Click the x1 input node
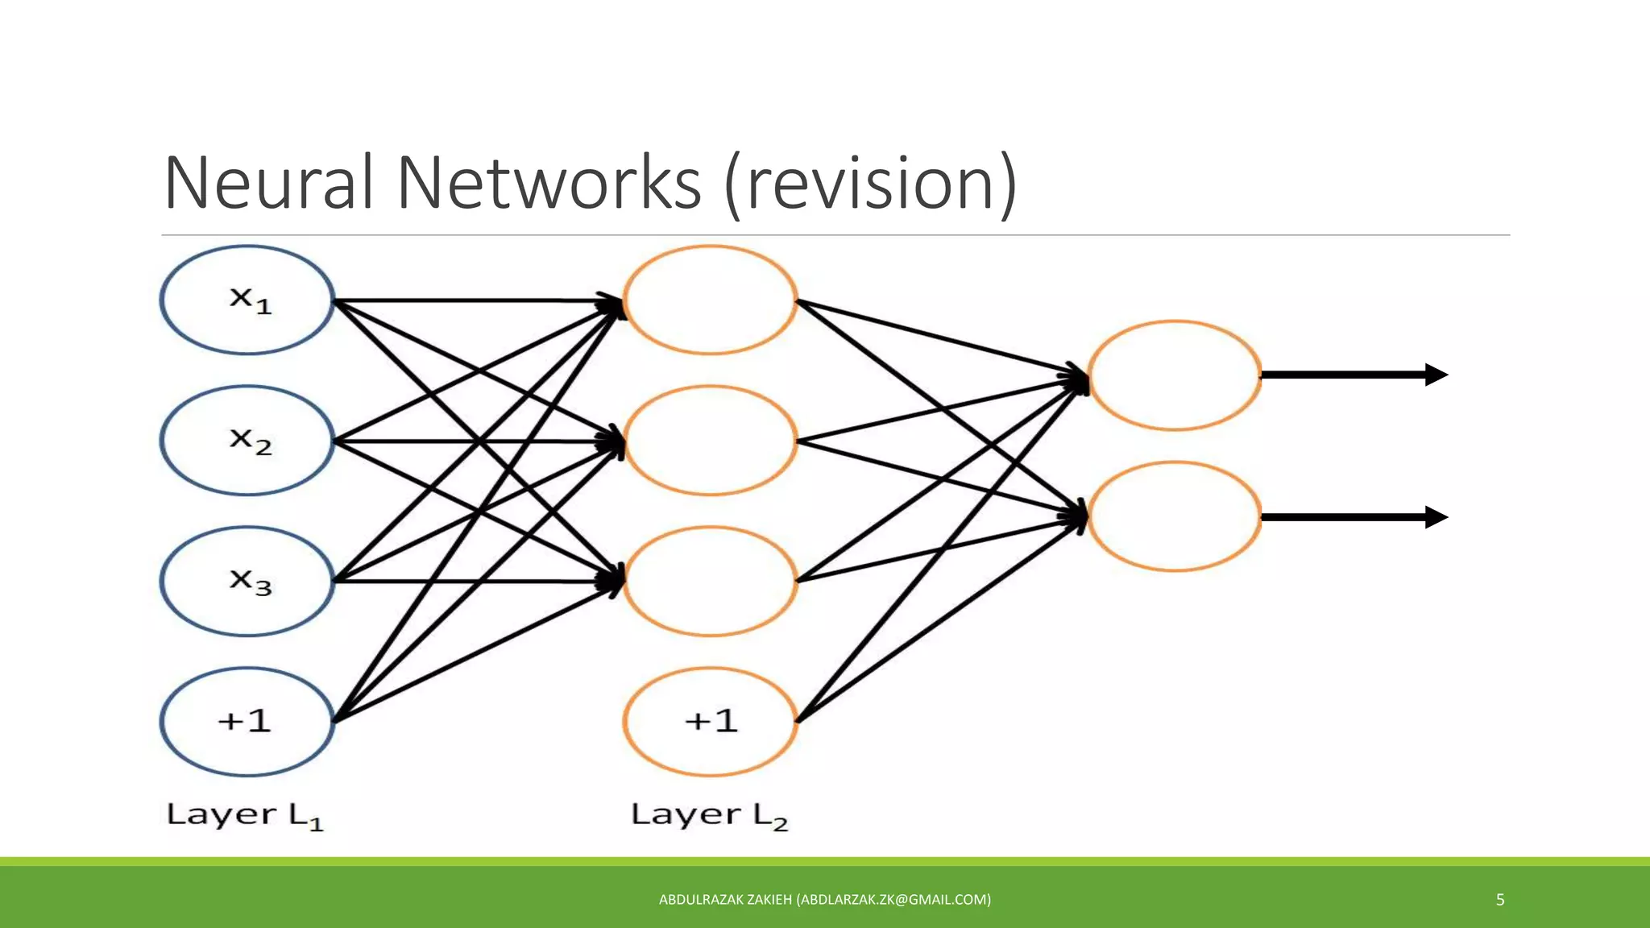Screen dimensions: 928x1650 click(x=247, y=300)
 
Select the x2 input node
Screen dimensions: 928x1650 click(x=247, y=441)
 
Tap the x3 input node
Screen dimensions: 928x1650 click(x=247, y=581)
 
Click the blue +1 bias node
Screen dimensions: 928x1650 click(x=247, y=721)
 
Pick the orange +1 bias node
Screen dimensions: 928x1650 click(x=710, y=721)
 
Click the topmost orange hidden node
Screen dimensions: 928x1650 click(x=710, y=300)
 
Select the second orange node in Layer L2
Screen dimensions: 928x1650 click(x=710, y=441)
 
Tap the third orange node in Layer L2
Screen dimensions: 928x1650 click(x=710, y=581)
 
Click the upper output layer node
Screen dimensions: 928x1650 click(x=1174, y=375)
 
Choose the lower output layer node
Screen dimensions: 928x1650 click(x=1174, y=516)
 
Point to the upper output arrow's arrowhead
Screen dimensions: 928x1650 click(x=1436, y=375)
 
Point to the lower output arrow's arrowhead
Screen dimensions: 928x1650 click(x=1436, y=517)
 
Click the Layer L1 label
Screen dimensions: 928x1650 click(x=245, y=815)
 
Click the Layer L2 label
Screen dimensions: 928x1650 click(x=709, y=815)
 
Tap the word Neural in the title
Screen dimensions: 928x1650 click(x=269, y=184)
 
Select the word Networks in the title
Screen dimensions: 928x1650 click(x=549, y=184)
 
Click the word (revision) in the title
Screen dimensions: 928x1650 click(x=870, y=185)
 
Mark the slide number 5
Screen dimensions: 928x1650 click(x=1500, y=900)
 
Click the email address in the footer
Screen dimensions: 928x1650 click(x=893, y=900)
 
